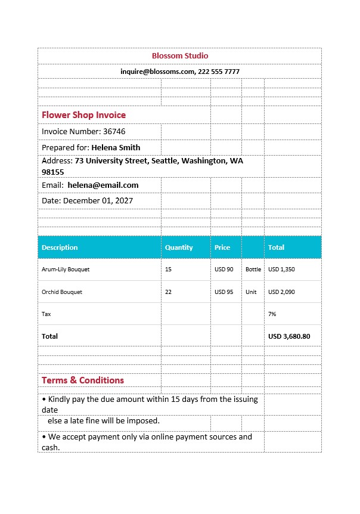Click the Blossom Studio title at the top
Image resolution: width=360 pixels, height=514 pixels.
(x=180, y=55)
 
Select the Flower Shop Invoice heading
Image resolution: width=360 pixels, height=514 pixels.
(x=83, y=114)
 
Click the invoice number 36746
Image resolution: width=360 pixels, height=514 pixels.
(x=114, y=131)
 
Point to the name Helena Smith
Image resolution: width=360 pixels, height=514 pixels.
(x=116, y=147)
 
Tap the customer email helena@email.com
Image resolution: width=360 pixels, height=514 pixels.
(x=103, y=185)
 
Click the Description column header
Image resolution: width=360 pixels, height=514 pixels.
(x=60, y=247)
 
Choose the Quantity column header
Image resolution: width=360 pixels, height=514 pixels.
(x=179, y=247)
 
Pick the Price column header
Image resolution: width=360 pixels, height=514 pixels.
(x=222, y=247)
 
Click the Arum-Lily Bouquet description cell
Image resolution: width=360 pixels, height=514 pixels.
(x=66, y=270)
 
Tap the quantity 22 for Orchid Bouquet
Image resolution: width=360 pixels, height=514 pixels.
(x=168, y=292)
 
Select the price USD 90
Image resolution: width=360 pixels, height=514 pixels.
(x=224, y=270)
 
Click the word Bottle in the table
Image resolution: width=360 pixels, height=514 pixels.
(x=253, y=270)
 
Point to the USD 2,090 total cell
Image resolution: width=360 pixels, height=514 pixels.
(x=281, y=292)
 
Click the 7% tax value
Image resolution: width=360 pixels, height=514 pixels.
(x=272, y=314)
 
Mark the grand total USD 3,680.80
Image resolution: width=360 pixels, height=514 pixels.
(x=289, y=336)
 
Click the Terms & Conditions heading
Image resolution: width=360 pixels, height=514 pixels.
(x=83, y=380)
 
